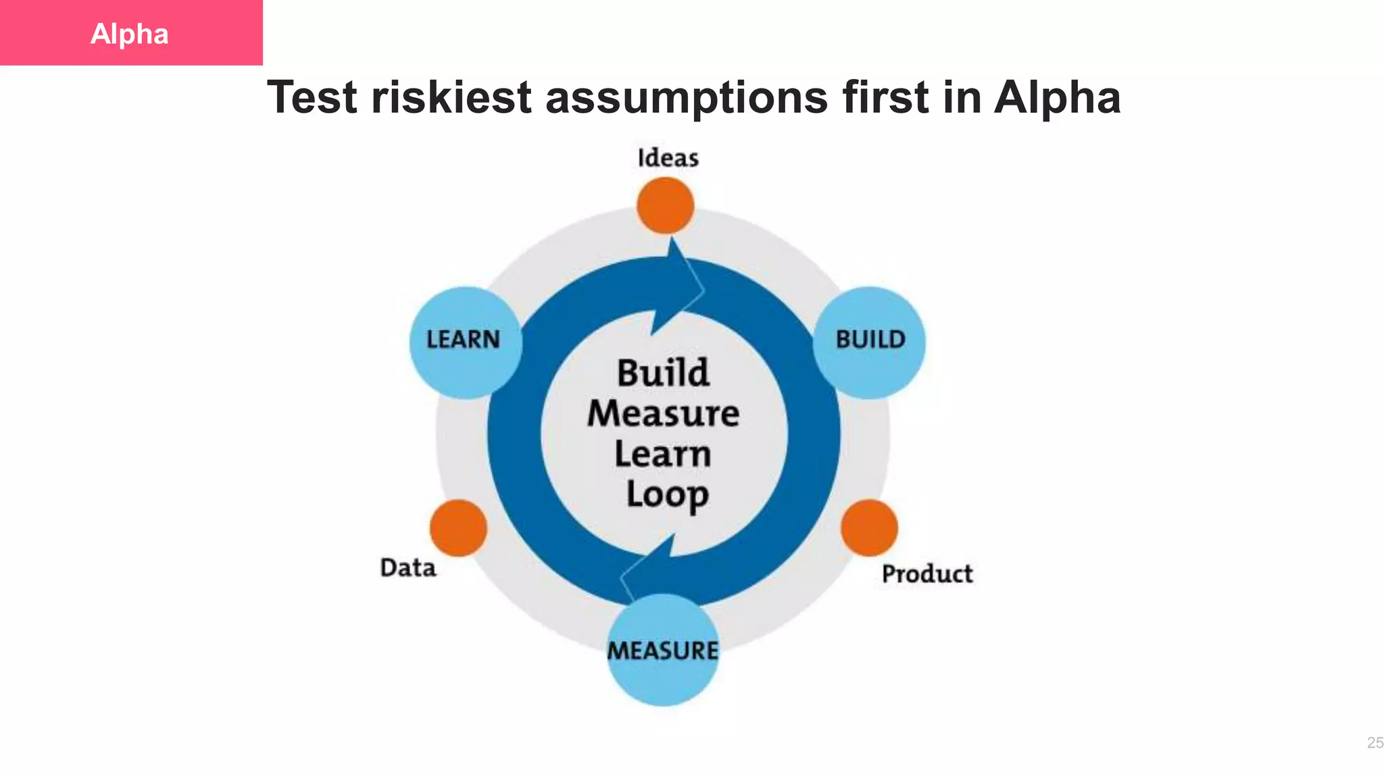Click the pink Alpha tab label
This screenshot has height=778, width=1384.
point(130,33)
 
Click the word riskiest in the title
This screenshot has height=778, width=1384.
point(451,97)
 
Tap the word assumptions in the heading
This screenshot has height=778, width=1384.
point(686,97)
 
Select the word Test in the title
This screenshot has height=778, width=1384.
point(312,97)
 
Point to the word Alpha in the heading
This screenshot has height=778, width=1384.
point(1057,97)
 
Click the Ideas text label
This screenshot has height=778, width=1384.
point(668,158)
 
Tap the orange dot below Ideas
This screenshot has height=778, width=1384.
point(666,205)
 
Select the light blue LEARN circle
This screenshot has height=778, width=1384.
point(465,342)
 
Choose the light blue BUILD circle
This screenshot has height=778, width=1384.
point(869,342)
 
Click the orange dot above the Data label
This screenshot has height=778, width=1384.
point(458,527)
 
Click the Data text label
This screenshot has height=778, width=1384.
point(408,568)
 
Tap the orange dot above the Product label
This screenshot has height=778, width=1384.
point(869,527)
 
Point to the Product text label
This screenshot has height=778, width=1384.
point(927,574)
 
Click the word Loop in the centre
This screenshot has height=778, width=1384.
point(667,495)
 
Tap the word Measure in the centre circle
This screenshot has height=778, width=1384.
point(663,413)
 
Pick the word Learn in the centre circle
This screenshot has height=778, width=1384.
point(663,454)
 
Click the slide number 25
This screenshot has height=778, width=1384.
point(1375,743)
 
